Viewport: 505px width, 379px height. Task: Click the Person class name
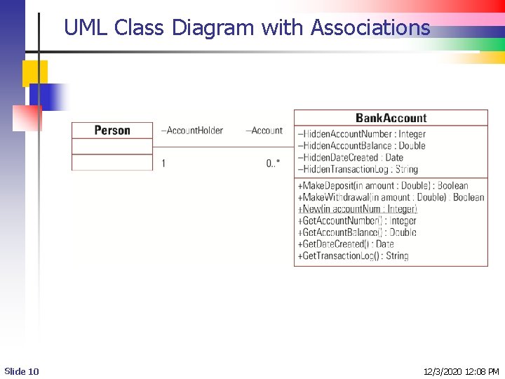point(112,130)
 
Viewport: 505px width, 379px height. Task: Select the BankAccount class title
point(391,118)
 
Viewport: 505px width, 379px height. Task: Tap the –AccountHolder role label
point(192,130)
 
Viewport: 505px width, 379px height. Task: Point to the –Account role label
point(264,130)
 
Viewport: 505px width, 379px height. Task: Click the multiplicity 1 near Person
point(163,163)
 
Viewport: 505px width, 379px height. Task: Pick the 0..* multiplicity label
point(273,163)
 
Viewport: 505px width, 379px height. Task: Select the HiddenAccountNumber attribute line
point(362,134)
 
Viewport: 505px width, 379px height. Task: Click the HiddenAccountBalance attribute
point(362,145)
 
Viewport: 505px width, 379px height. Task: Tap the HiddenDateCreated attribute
point(351,157)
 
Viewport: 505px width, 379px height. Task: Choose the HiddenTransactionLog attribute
point(358,169)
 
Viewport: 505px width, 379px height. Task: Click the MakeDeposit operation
point(383,186)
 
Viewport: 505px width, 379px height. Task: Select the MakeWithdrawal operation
point(391,197)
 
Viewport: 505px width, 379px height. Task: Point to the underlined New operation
point(358,208)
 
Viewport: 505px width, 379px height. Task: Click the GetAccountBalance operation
point(358,232)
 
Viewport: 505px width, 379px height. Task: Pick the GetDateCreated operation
point(346,244)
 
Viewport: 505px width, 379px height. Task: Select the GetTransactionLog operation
point(353,255)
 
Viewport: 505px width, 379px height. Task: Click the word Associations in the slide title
point(370,28)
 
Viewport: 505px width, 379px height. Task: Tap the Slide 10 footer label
point(22,371)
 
